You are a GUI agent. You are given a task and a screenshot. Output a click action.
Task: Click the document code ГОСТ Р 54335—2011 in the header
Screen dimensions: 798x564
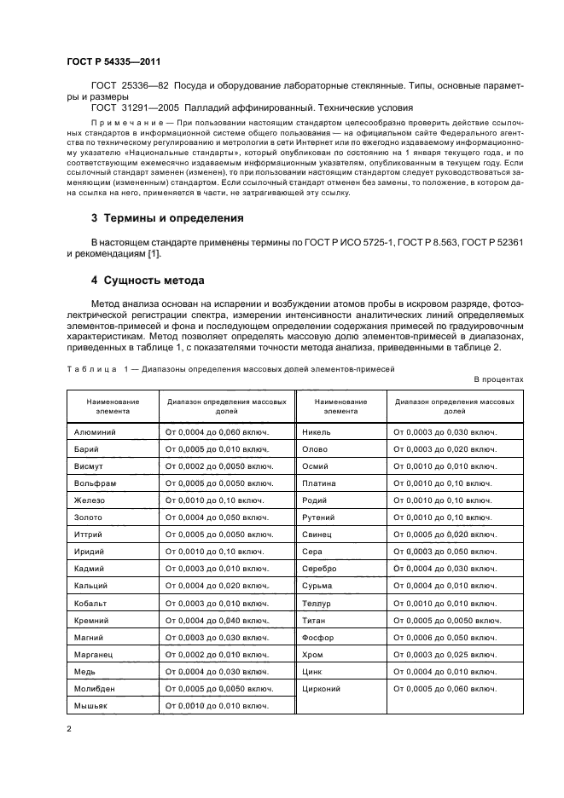[x=113, y=62]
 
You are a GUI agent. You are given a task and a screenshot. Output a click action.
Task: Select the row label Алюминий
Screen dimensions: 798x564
[x=96, y=432]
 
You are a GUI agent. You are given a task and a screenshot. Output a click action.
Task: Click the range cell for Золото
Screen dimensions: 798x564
[x=216, y=518]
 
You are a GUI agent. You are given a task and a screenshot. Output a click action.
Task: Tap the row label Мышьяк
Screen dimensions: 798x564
[x=91, y=705]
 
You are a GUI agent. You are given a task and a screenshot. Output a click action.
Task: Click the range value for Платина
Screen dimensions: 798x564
[x=444, y=483]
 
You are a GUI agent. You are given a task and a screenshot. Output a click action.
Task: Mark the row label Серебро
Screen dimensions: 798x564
[x=320, y=569]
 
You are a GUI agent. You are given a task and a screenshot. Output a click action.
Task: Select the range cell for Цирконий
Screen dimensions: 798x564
[x=445, y=688]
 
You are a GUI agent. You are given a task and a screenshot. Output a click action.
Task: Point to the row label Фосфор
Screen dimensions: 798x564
[x=318, y=637]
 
